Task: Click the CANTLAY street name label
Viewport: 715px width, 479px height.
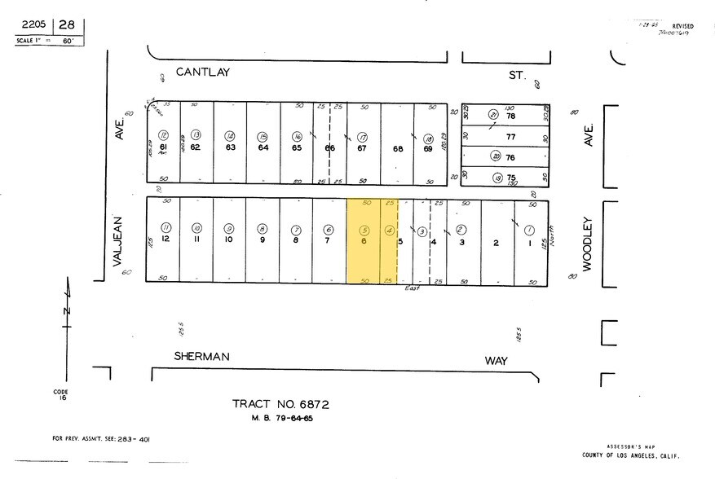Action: pyautogui.click(x=203, y=73)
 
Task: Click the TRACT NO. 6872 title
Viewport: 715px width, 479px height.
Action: pyautogui.click(x=280, y=404)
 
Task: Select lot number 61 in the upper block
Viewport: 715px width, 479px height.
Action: pyautogui.click(x=163, y=147)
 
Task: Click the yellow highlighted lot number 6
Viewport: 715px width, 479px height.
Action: pyautogui.click(x=364, y=241)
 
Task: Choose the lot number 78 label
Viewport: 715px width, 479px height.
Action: pyautogui.click(x=511, y=116)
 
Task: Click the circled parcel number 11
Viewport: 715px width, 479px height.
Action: pyautogui.click(x=166, y=228)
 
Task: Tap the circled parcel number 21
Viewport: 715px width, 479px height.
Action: pyautogui.click(x=493, y=115)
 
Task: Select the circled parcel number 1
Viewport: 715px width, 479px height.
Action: pyautogui.click(x=529, y=230)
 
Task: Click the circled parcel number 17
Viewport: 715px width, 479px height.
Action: pyautogui.click(x=363, y=136)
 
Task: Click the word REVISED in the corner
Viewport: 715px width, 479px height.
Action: pyautogui.click(x=683, y=25)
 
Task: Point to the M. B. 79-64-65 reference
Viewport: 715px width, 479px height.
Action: pyautogui.click(x=280, y=419)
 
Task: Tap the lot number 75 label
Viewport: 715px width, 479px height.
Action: pyautogui.click(x=511, y=178)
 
